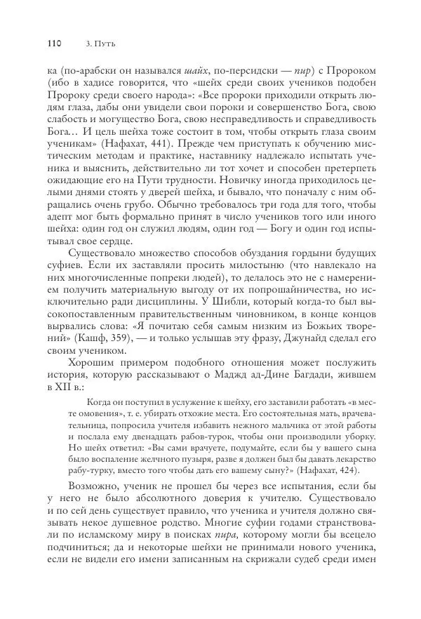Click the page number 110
55,44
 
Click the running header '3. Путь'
99,44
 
